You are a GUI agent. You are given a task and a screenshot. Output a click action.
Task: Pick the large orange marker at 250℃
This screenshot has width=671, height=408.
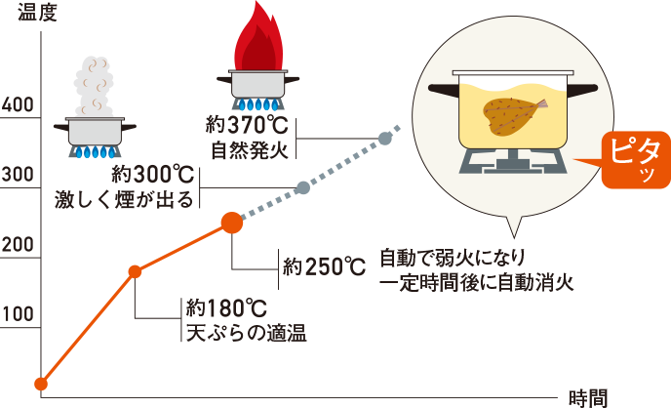[x=232, y=222]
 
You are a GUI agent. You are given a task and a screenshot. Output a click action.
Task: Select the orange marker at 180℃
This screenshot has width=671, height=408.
[x=136, y=271]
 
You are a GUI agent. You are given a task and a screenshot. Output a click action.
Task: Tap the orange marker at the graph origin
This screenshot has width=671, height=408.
[x=41, y=384]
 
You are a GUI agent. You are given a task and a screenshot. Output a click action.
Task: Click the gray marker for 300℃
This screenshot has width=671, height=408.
[x=302, y=186]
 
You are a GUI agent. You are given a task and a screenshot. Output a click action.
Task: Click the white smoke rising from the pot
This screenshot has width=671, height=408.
[x=97, y=85]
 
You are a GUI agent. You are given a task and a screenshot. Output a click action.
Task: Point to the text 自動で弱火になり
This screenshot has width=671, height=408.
[x=454, y=259]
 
